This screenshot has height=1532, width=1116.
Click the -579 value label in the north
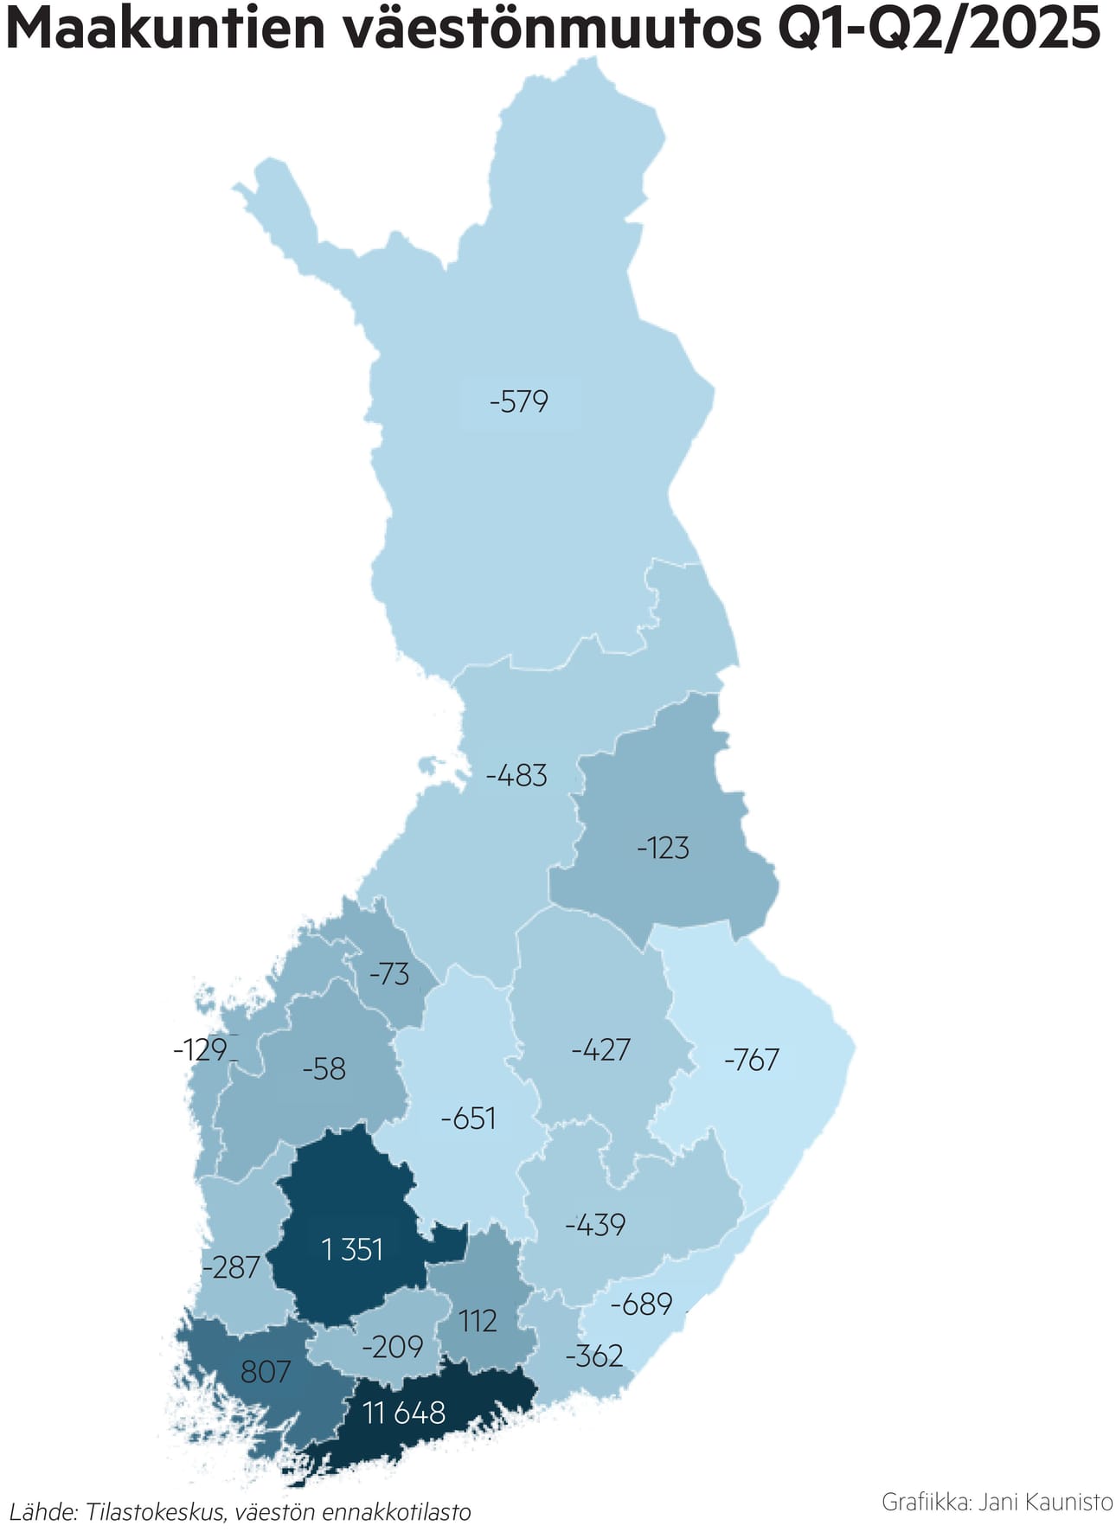coord(519,401)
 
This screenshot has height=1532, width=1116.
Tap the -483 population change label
coord(516,775)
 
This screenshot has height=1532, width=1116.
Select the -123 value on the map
coord(664,848)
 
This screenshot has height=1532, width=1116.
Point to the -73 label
coord(389,974)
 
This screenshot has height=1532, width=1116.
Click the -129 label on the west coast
coord(201,1049)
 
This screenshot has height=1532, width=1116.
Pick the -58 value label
coord(324,1069)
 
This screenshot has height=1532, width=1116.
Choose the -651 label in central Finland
coord(468,1119)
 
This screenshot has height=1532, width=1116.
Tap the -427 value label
coord(601,1049)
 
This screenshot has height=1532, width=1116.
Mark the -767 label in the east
coord(752,1060)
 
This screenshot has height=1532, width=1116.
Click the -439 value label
coord(595,1225)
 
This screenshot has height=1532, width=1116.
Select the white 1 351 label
coord(352,1249)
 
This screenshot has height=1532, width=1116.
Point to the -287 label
coord(231,1267)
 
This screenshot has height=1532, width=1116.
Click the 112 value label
coord(478,1321)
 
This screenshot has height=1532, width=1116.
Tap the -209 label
coord(393,1347)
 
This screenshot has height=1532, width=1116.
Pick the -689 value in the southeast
coord(641,1304)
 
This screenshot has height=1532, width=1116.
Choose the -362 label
coord(594,1356)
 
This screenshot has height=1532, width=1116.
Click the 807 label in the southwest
coord(266,1371)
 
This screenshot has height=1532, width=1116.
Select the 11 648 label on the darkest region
coord(404,1413)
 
